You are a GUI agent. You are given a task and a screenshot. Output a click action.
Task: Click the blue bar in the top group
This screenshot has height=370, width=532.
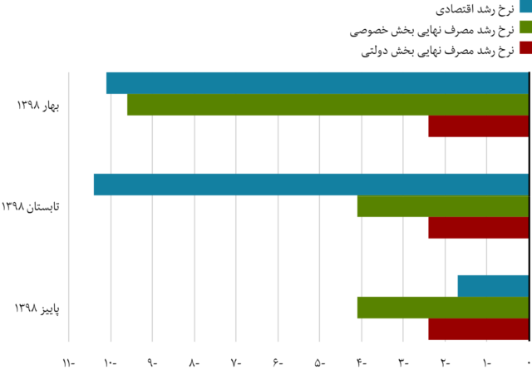pyautogui.click(x=316, y=83)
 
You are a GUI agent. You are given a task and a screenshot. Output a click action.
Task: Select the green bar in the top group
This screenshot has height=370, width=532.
pyautogui.click(x=327, y=105)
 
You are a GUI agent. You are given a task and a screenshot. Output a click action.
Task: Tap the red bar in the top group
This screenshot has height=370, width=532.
pyautogui.click(x=477, y=126)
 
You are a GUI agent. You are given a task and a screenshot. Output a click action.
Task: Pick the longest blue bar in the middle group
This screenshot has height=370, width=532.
pyautogui.click(x=310, y=185)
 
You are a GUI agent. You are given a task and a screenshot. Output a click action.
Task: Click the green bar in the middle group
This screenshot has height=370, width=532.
pyautogui.click(x=442, y=206)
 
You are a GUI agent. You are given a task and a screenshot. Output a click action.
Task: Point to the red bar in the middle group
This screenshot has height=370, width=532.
pyautogui.click(x=477, y=228)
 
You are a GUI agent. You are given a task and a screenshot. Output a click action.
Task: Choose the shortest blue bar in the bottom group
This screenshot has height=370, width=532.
pyautogui.click(x=492, y=286)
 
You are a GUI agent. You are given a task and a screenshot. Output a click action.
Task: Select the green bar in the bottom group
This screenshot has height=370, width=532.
pyautogui.click(x=442, y=308)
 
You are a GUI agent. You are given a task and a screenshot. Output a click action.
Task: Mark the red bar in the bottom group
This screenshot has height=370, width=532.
pyautogui.click(x=477, y=329)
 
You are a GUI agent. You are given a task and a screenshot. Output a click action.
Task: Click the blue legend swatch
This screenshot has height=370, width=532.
pyautogui.click(x=525, y=7)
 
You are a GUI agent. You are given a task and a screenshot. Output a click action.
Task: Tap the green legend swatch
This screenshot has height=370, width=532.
pyautogui.click(x=525, y=27)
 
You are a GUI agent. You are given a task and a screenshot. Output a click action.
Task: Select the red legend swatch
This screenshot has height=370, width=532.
pyautogui.click(x=525, y=47)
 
